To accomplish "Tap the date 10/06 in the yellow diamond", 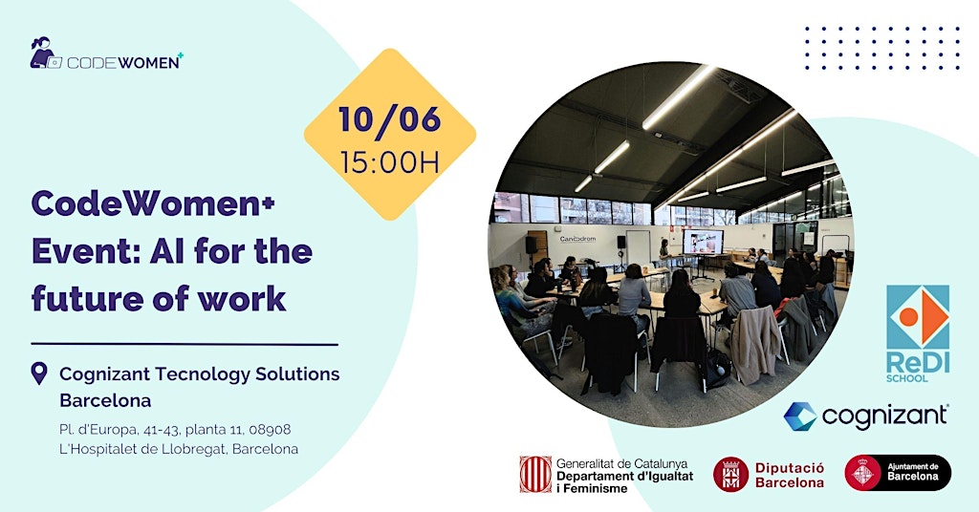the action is pos(390,119).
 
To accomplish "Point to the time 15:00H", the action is pos(390,162).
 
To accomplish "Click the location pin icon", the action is pos(38,373).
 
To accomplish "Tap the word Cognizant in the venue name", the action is pos(105,374).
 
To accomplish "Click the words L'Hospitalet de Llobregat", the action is pos(142,449).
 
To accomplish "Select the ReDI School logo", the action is pos(918,333).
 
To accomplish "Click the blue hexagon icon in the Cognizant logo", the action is pos(800,416).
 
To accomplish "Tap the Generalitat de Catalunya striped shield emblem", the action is pos(535,474).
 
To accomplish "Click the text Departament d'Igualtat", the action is pos(624,476).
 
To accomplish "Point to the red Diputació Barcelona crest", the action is pos(730,474).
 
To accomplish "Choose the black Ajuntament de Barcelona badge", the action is pos(898,473).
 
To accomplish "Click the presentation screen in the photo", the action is pos(703,242).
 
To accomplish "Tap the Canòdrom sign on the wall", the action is pos(577,239).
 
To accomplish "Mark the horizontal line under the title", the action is pos(185,344).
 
